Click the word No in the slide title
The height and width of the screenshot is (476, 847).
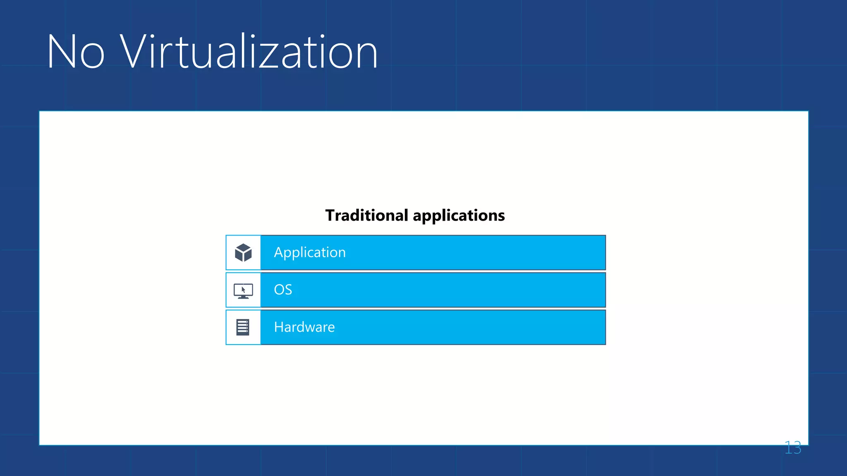[x=76, y=52]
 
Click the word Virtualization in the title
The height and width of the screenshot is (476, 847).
[x=249, y=52]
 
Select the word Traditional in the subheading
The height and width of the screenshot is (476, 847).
[x=367, y=215]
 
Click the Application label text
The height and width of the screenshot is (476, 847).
[x=310, y=252]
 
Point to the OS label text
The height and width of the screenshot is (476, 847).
[x=283, y=290]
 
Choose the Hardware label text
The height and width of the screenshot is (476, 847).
[x=304, y=327]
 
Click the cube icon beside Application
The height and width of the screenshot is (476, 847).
[x=243, y=252]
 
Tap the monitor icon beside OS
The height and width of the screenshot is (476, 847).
[x=243, y=290]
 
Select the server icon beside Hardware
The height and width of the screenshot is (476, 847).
[x=243, y=327]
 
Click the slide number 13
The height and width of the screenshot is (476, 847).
[x=792, y=448]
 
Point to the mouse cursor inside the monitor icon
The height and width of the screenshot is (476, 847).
[x=244, y=290]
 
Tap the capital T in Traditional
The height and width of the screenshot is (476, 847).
[x=331, y=215]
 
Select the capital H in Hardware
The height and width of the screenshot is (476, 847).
[x=279, y=327]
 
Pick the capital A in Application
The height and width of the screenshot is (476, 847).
[x=279, y=252]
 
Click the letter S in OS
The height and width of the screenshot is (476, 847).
[x=288, y=290]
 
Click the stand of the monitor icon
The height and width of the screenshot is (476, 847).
[x=243, y=297]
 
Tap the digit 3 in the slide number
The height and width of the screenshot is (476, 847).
[x=797, y=448]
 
